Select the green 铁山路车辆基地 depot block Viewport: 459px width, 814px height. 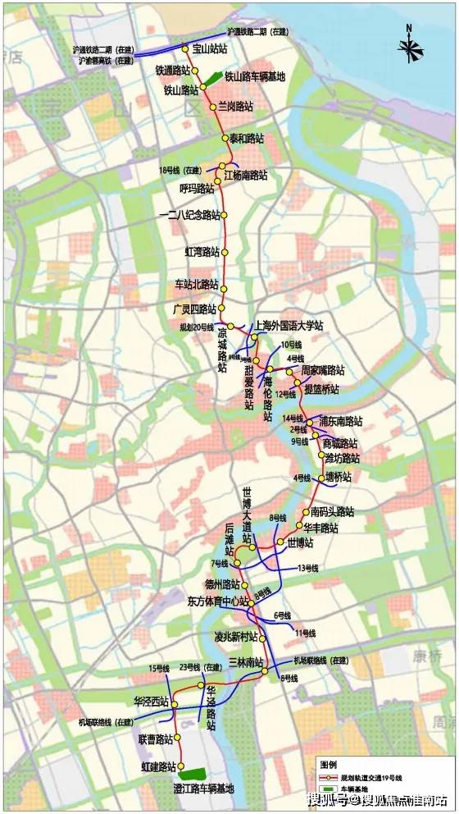point(212,79)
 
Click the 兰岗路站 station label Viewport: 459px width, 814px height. point(236,107)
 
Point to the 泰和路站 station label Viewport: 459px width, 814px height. point(247,138)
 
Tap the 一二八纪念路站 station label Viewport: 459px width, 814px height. point(189,215)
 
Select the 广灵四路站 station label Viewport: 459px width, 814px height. point(194,309)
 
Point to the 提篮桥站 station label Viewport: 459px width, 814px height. point(321,387)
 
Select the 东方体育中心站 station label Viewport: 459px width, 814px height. point(211,601)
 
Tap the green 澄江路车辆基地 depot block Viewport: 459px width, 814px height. point(195,773)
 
